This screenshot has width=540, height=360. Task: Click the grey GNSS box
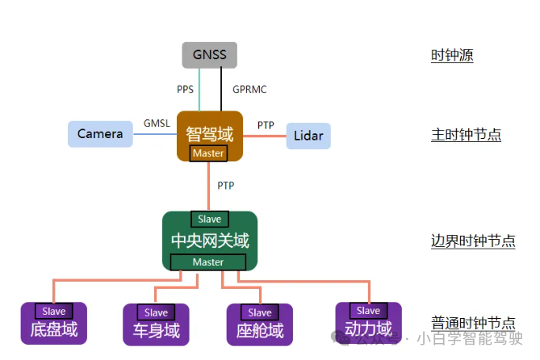click(209, 56)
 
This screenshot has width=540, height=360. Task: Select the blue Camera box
click(100, 133)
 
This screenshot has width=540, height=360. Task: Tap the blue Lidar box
click(308, 136)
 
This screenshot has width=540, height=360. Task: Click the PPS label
click(185, 89)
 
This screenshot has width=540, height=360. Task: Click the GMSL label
click(156, 123)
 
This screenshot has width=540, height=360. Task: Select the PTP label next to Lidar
click(266, 125)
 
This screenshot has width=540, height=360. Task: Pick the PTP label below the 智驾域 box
click(226, 186)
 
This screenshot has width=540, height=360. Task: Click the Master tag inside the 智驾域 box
click(208, 153)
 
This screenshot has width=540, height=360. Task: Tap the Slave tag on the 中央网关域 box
click(209, 219)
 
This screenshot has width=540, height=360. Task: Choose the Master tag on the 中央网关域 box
click(208, 262)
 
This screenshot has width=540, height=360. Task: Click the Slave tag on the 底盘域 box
click(54, 311)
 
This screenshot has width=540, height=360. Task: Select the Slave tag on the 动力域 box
click(368, 310)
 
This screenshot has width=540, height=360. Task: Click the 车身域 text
click(156, 330)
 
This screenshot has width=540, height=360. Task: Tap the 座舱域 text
click(260, 330)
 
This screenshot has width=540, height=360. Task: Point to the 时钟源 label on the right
click(451, 56)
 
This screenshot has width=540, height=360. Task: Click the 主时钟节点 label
click(466, 135)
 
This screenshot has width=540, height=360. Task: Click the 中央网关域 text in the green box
click(210, 241)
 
